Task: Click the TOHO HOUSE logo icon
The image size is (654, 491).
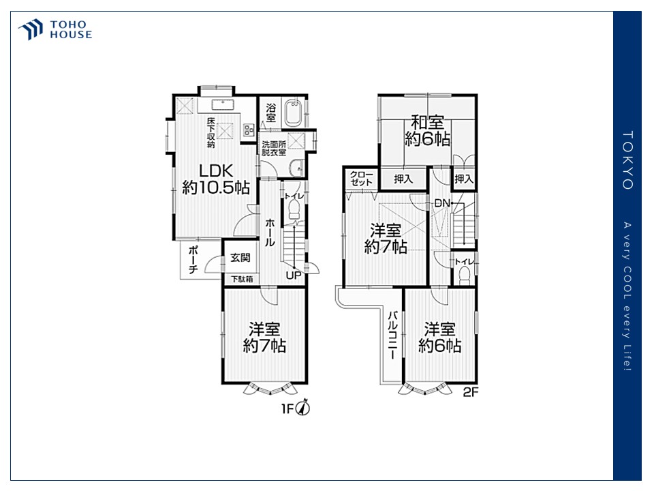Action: [31, 29]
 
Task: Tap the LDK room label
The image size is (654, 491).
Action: [216, 170]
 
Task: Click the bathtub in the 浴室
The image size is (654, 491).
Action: [293, 113]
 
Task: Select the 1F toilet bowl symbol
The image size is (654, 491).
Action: [294, 209]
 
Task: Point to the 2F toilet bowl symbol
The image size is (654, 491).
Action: [464, 276]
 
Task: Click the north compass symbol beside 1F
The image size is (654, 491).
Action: [302, 407]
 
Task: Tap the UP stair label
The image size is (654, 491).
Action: [294, 276]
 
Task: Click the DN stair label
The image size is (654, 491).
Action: [442, 203]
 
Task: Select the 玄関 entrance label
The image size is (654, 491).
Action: [240, 258]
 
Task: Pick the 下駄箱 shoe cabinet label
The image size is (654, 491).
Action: [243, 279]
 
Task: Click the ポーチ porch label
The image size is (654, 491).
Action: [193, 259]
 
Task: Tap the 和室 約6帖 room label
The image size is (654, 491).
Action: [428, 130]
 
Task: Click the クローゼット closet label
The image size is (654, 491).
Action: [361, 178]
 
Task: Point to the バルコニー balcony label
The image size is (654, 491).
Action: [393, 336]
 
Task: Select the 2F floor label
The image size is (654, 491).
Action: [471, 393]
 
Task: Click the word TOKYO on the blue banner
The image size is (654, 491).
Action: [627, 160]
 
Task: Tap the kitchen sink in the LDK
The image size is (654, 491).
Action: [223, 104]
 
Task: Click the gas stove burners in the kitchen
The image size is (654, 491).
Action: [249, 130]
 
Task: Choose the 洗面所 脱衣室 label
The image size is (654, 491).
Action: [274, 148]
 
